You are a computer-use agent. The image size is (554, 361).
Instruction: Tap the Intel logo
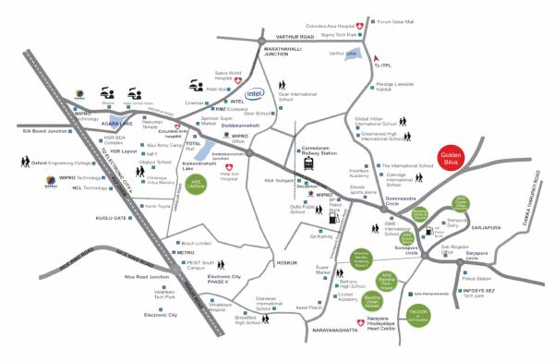[256, 93]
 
